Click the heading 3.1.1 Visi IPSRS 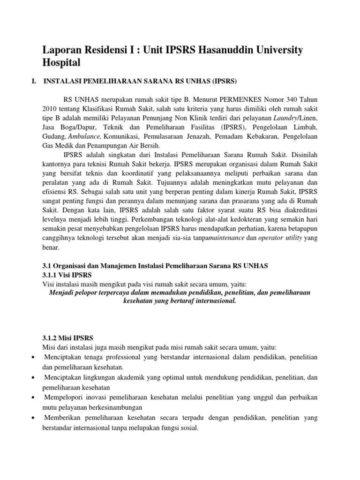point(67,274)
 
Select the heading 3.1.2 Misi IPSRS point(67,337)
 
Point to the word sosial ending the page point(188,427)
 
